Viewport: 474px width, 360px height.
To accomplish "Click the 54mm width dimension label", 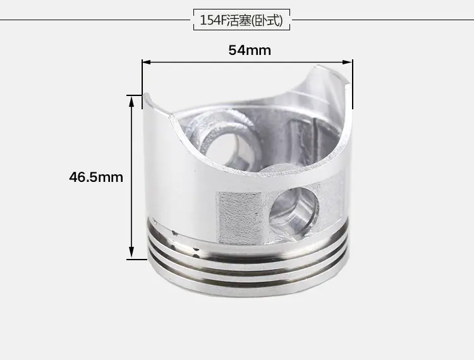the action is pyautogui.click(x=250, y=51).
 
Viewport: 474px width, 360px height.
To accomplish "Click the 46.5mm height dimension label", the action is pyautogui.click(x=96, y=177).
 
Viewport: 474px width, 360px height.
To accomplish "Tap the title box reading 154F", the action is pyautogui.click(x=241, y=20).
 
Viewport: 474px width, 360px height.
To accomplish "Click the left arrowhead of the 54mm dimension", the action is pyautogui.click(x=147, y=63).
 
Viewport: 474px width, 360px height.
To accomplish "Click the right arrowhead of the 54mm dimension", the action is pyautogui.click(x=348, y=63).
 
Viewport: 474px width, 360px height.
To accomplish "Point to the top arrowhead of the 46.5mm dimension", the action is pyautogui.click(x=131, y=102).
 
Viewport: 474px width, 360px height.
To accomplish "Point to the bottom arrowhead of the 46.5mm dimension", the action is pyautogui.click(x=131, y=253).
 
